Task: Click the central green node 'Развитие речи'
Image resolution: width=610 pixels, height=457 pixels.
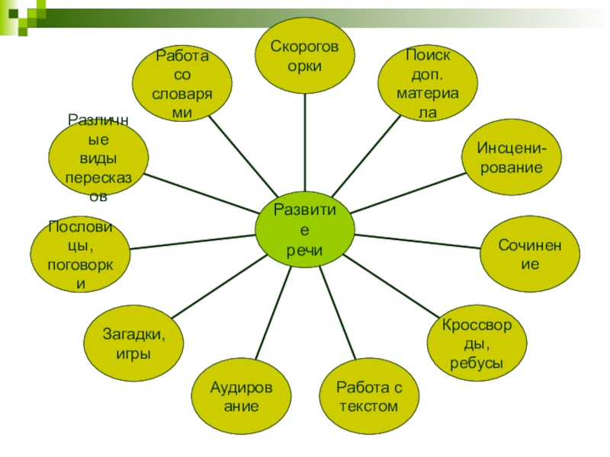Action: [x=304, y=229]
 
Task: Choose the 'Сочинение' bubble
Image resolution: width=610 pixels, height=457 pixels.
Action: [x=529, y=254]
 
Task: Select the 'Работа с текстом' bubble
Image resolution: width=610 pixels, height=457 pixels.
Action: [x=368, y=396]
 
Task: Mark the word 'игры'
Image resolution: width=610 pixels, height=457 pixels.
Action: [x=133, y=353]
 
